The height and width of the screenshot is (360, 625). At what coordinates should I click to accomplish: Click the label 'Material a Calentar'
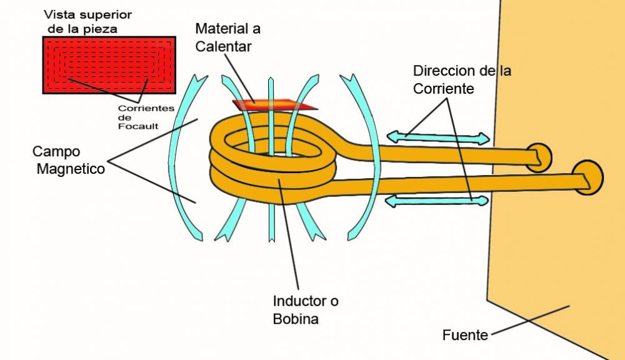[x=227, y=37]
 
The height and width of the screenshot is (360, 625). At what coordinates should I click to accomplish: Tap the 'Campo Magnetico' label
[x=68, y=161]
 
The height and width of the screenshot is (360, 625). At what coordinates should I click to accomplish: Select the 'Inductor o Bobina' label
[x=306, y=310]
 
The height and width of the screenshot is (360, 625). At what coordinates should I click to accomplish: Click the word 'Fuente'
[x=465, y=335]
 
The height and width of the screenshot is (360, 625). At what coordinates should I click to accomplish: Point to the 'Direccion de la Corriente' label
[x=462, y=79]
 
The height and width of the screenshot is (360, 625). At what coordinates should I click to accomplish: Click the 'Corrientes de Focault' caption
[x=146, y=117]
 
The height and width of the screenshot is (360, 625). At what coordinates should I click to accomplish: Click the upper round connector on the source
[x=539, y=157]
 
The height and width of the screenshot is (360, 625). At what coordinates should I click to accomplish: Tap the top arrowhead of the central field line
[x=271, y=81]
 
